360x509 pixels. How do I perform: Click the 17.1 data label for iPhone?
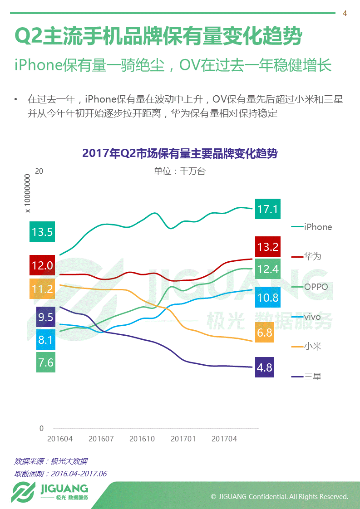[267, 209]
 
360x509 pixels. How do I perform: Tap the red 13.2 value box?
[267, 247]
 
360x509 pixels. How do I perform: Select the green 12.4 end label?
[267, 269]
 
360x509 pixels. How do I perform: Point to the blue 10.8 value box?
[267, 298]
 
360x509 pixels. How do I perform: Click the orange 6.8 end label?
[264, 333]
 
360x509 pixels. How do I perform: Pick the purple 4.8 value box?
[264, 367]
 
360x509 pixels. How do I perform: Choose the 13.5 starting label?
[42, 232]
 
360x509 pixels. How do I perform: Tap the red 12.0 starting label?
[42, 265]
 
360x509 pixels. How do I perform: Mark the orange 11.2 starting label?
[42, 289]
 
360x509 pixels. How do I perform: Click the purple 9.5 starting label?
[45, 317]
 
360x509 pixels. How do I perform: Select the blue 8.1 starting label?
[45, 340]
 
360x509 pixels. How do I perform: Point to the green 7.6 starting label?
[45, 362]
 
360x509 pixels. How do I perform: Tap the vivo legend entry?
[312, 317]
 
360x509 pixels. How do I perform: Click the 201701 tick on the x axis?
[183, 439]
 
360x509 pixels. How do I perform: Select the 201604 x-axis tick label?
[60, 439]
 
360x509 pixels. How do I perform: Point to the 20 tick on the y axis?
[39, 171]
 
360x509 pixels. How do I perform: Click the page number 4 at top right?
[345, 14]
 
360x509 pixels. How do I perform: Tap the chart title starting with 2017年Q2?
[180, 153]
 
